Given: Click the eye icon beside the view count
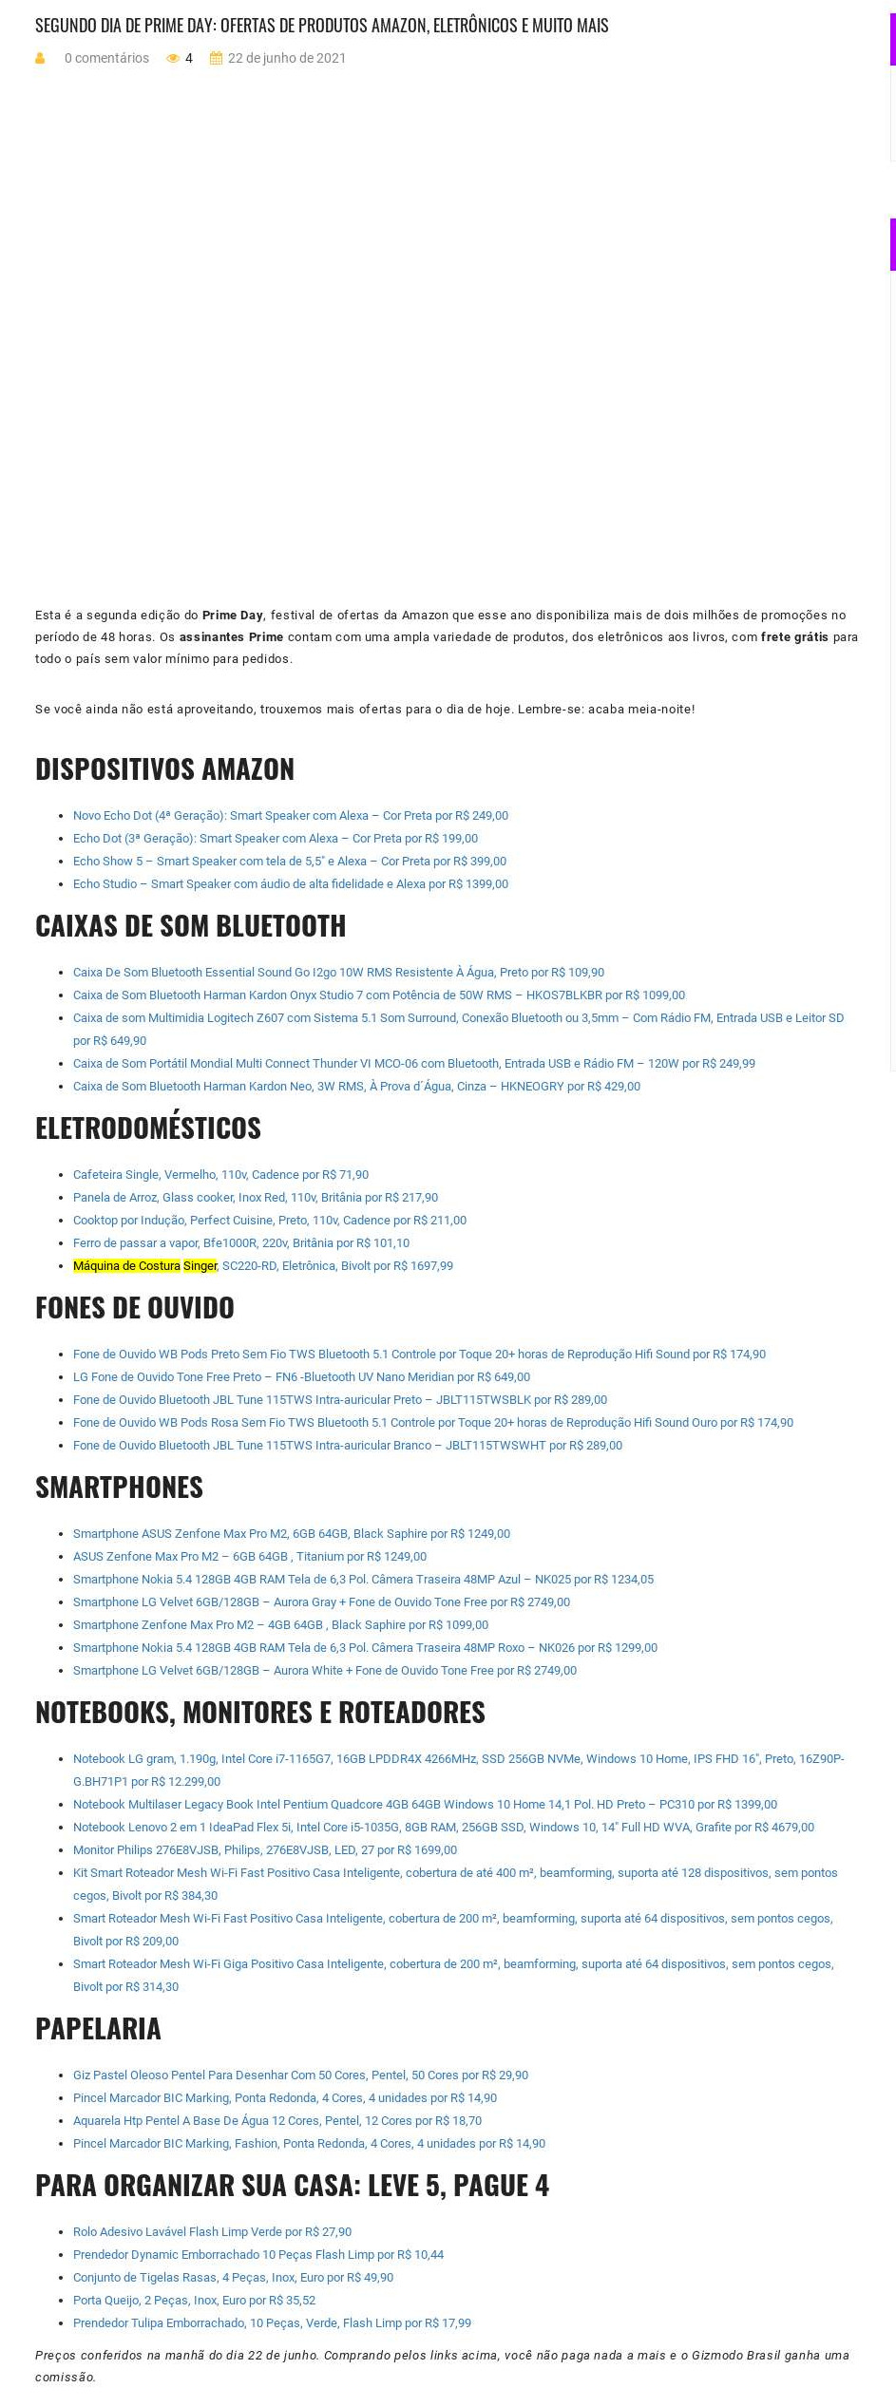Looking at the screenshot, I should pyautogui.click(x=173, y=59).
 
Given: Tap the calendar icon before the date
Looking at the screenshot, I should pyautogui.click(x=216, y=59).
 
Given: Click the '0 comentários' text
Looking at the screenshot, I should pyautogui.click(x=106, y=59).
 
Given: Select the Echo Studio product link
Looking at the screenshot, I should pyautogui.click(x=290, y=884).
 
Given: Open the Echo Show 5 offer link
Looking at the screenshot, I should pyautogui.click(x=289, y=862).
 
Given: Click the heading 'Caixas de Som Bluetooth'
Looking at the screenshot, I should pyautogui.click(x=190, y=926).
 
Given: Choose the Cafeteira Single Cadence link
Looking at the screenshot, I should pyautogui.click(x=220, y=1175).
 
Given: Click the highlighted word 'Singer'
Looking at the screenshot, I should pyautogui.click(x=200, y=1266).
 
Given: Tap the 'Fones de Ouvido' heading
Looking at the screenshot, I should pyautogui.click(x=134, y=1308).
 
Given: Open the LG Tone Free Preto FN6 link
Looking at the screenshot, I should pyautogui.click(x=301, y=1377).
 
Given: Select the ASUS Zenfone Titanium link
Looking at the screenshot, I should pyautogui.click(x=249, y=1557).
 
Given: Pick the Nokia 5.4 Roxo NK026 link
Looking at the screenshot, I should pyautogui.click(x=365, y=1648).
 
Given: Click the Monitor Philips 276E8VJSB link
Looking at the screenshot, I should pyautogui.click(x=264, y=1850).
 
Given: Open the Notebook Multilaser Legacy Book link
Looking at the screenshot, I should pyautogui.click(x=425, y=1805).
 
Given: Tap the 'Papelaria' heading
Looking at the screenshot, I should pyautogui.click(x=98, y=2029).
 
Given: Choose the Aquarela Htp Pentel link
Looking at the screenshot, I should pyautogui.click(x=276, y=2121).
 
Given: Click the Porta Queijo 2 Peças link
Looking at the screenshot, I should pyautogui.click(x=194, y=2301).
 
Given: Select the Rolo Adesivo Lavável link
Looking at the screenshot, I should pyautogui.click(x=212, y=2232).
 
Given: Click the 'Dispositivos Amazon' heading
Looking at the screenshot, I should pyautogui.click(x=164, y=769).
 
